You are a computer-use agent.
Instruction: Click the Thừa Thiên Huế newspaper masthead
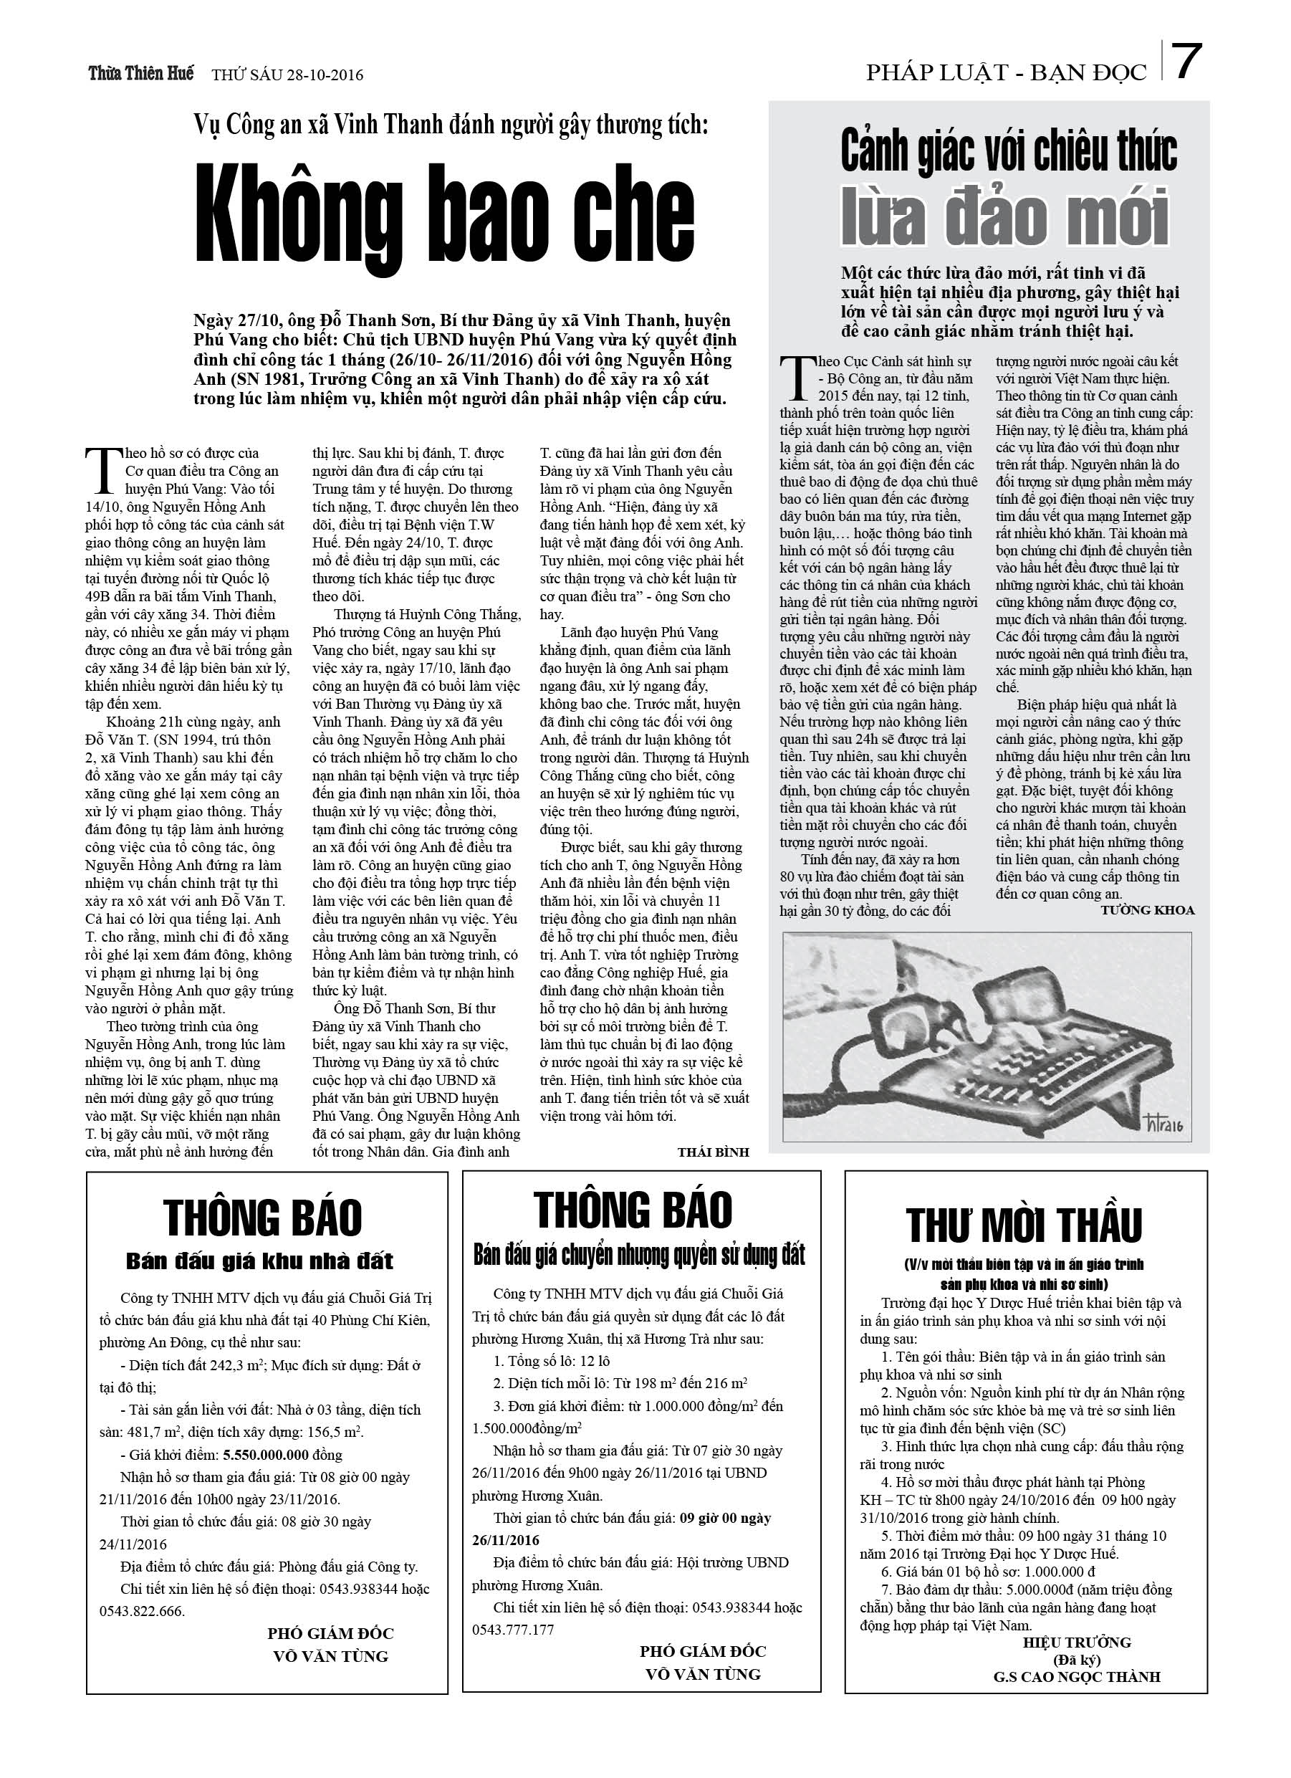(x=141, y=74)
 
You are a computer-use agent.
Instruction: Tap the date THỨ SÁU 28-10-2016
(x=288, y=75)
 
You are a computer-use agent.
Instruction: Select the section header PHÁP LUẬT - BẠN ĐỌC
(x=1007, y=74)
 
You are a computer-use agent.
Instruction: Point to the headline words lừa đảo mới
(x=1007, y=217)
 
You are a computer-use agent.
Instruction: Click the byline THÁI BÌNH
(x=713, y=1152)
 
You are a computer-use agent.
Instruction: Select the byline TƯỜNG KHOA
(x=1147, y=910)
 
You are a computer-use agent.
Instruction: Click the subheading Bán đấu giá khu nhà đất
(x=259, y=1261)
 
